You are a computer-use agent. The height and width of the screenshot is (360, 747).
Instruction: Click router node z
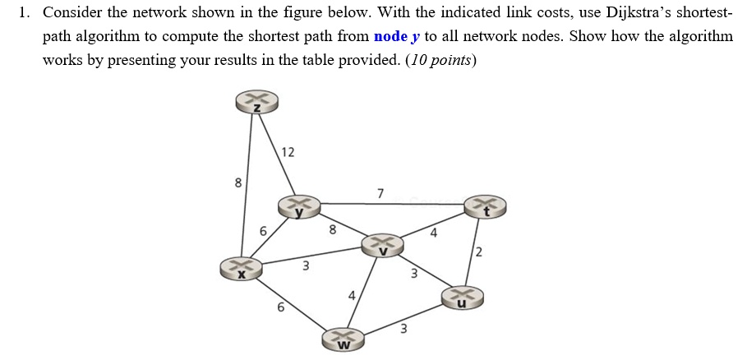(257, 102)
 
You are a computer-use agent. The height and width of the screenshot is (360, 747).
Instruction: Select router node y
(298, 206)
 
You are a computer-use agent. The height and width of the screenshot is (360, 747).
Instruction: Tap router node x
(241, 268)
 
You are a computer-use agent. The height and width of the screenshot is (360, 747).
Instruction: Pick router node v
(383, 244)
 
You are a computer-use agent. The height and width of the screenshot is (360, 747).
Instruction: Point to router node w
(344, 339)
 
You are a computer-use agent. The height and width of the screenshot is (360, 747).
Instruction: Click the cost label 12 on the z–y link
(288, 152)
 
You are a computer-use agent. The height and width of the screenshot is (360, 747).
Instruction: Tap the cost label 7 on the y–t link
(380, 194)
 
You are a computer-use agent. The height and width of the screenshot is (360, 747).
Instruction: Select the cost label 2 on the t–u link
(478, 252)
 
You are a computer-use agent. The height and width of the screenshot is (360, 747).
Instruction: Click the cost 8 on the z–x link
(238, 183)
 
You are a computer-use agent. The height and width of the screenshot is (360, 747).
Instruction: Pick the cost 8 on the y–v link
(333, 230)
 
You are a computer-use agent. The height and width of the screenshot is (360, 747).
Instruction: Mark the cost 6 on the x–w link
(281, 307)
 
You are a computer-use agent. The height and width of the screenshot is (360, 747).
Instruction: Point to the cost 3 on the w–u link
(403, 330)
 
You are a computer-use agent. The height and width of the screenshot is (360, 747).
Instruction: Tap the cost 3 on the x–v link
(306, 265)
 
